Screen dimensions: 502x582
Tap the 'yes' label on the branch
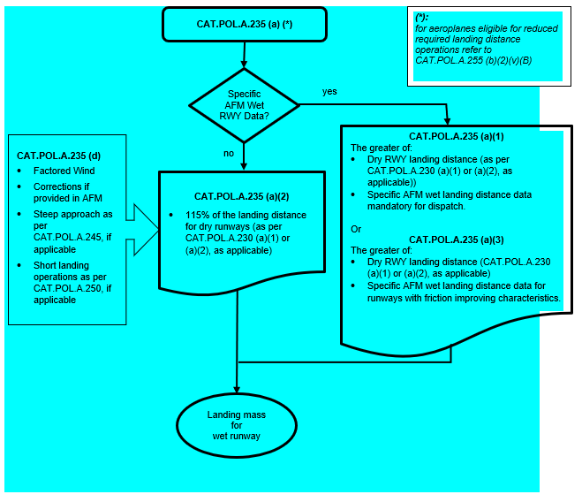click(329, 91)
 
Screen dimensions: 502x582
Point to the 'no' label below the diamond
click(228, 152)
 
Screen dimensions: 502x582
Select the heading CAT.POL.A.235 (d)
click(59, 156)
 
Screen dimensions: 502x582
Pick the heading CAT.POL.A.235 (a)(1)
click(451, 136)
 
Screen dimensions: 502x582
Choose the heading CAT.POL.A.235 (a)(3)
click(451, 239)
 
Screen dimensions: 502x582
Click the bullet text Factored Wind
click(64, 171)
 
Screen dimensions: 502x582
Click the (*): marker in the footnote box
click(423, 18)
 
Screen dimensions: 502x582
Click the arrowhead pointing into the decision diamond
click(244, 65)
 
